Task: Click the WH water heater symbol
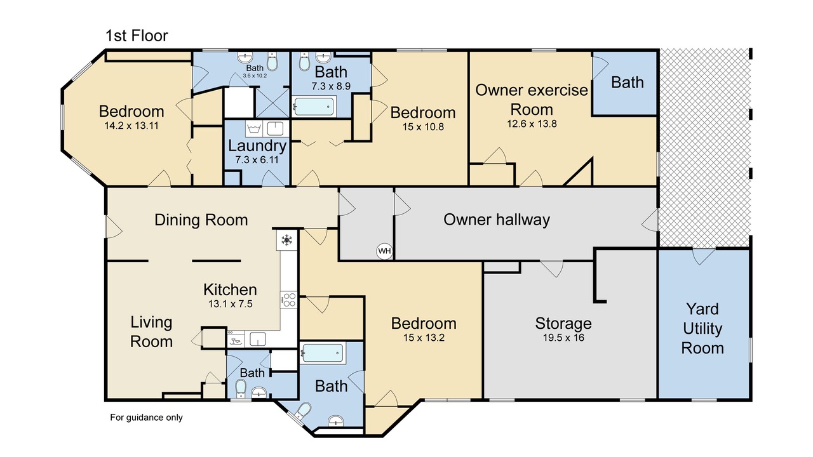click(x=384, y=251)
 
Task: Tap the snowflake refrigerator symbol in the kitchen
click(x=286, y=240)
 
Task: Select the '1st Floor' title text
click(x=137, y=36)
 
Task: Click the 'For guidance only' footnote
click(x=146, y=418)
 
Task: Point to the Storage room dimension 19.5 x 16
click(x=563, y=338)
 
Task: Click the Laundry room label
click(x=257, y=146)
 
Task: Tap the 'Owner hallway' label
click(x=497, y=220)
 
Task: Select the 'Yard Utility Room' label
click(x=702, y=329)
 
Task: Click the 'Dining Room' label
click(x=201, y=220)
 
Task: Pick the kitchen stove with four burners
click(x=289, y=300)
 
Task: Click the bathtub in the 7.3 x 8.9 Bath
click(x=314, y=106)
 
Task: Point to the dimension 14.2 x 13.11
click(x=131, y=126)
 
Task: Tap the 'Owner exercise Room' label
click(x=532, y=100)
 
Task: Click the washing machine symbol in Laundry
click(x=253, y=129)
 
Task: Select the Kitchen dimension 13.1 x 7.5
click(x=230, y=304)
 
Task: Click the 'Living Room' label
click(x=151, y=332)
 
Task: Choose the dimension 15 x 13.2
click(x=424, y=338)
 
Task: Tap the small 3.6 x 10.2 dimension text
click(x=255, y=76)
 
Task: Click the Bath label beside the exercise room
click(x=628, y=83)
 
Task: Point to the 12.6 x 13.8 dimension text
click(x=532, y=124)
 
